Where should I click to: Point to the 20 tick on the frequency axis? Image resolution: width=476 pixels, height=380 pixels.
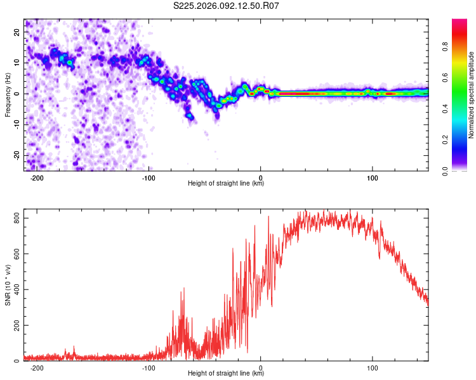click(x=18, y=32)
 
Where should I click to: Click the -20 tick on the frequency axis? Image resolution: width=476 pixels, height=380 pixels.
click(x=17, y=155)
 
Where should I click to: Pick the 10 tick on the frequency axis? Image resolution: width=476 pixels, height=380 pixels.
click(x=18, y=63)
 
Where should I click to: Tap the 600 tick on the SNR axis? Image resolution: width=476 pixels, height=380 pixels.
click(x=15, y=254)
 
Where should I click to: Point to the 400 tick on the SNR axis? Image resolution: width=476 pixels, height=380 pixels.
click(x=15, y=289)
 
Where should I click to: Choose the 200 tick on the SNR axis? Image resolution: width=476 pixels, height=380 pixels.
click(x=15, y=326)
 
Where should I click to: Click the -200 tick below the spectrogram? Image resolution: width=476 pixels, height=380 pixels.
click(x=37, y=177)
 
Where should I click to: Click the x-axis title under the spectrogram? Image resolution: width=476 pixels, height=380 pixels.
click(x=226, y=184)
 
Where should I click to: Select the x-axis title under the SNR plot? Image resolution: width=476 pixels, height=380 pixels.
click(x=226, y=374)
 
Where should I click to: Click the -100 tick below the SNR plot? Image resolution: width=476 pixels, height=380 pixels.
click(x=149, y=367)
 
